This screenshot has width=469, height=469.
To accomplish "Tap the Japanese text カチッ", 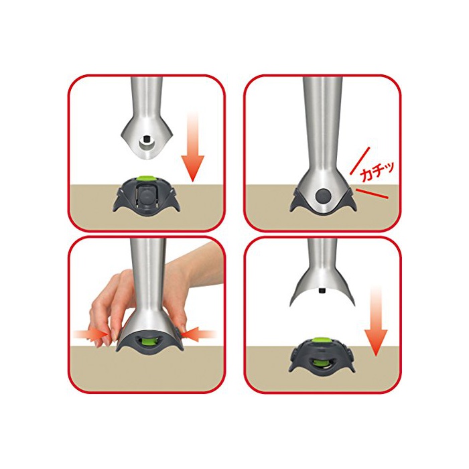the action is point(377,172).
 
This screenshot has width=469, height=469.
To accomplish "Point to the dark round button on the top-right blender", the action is point(324,196).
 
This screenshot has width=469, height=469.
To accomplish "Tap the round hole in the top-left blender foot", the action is point(147,145).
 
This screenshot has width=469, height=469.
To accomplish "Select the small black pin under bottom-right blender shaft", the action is point(322,290).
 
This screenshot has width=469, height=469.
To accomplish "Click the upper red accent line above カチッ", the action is point(360,161).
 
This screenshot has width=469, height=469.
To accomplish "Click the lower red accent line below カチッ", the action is point(373,194).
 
